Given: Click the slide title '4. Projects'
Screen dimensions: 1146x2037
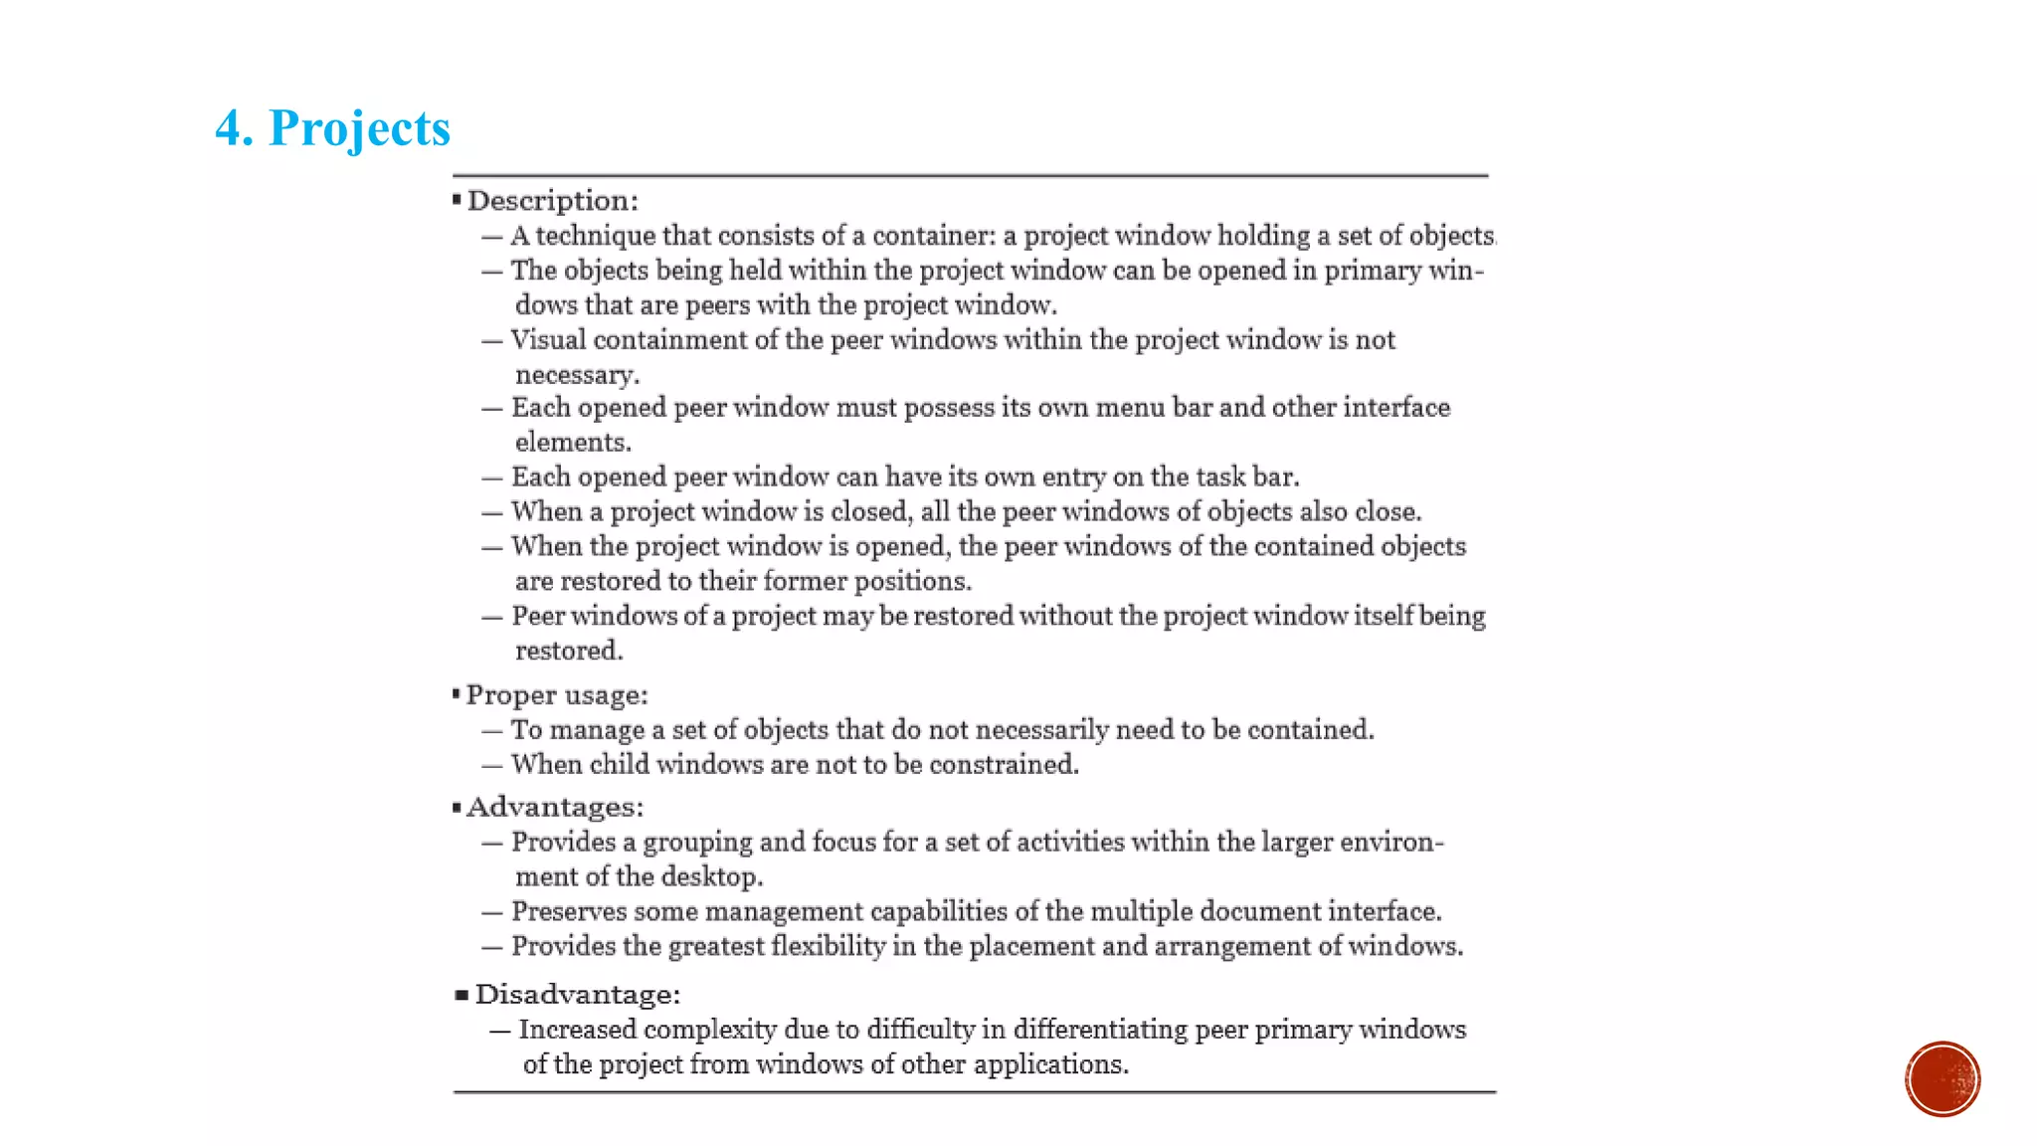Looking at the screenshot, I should [x=332, y=128].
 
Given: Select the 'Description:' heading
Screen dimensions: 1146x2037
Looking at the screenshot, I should [x=553, y=201].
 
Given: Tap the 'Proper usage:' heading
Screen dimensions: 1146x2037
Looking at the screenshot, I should [x=557, y=695].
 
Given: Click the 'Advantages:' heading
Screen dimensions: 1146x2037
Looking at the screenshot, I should [x=555, y=807].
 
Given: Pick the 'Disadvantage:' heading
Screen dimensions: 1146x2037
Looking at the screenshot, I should [x=578, y=995].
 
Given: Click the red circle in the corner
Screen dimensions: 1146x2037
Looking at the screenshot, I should [x=1942, y=1079].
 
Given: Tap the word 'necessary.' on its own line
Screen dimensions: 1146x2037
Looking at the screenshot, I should [x=577, y=375].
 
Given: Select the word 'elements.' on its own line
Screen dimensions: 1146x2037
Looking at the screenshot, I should [x=573, y=443].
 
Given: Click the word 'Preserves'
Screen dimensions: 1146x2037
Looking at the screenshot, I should [x=569, y=912].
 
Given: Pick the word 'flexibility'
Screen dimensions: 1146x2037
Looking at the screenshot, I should [x=828, y=946].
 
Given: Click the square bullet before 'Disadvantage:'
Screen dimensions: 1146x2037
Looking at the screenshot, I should [x=462, y=995].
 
